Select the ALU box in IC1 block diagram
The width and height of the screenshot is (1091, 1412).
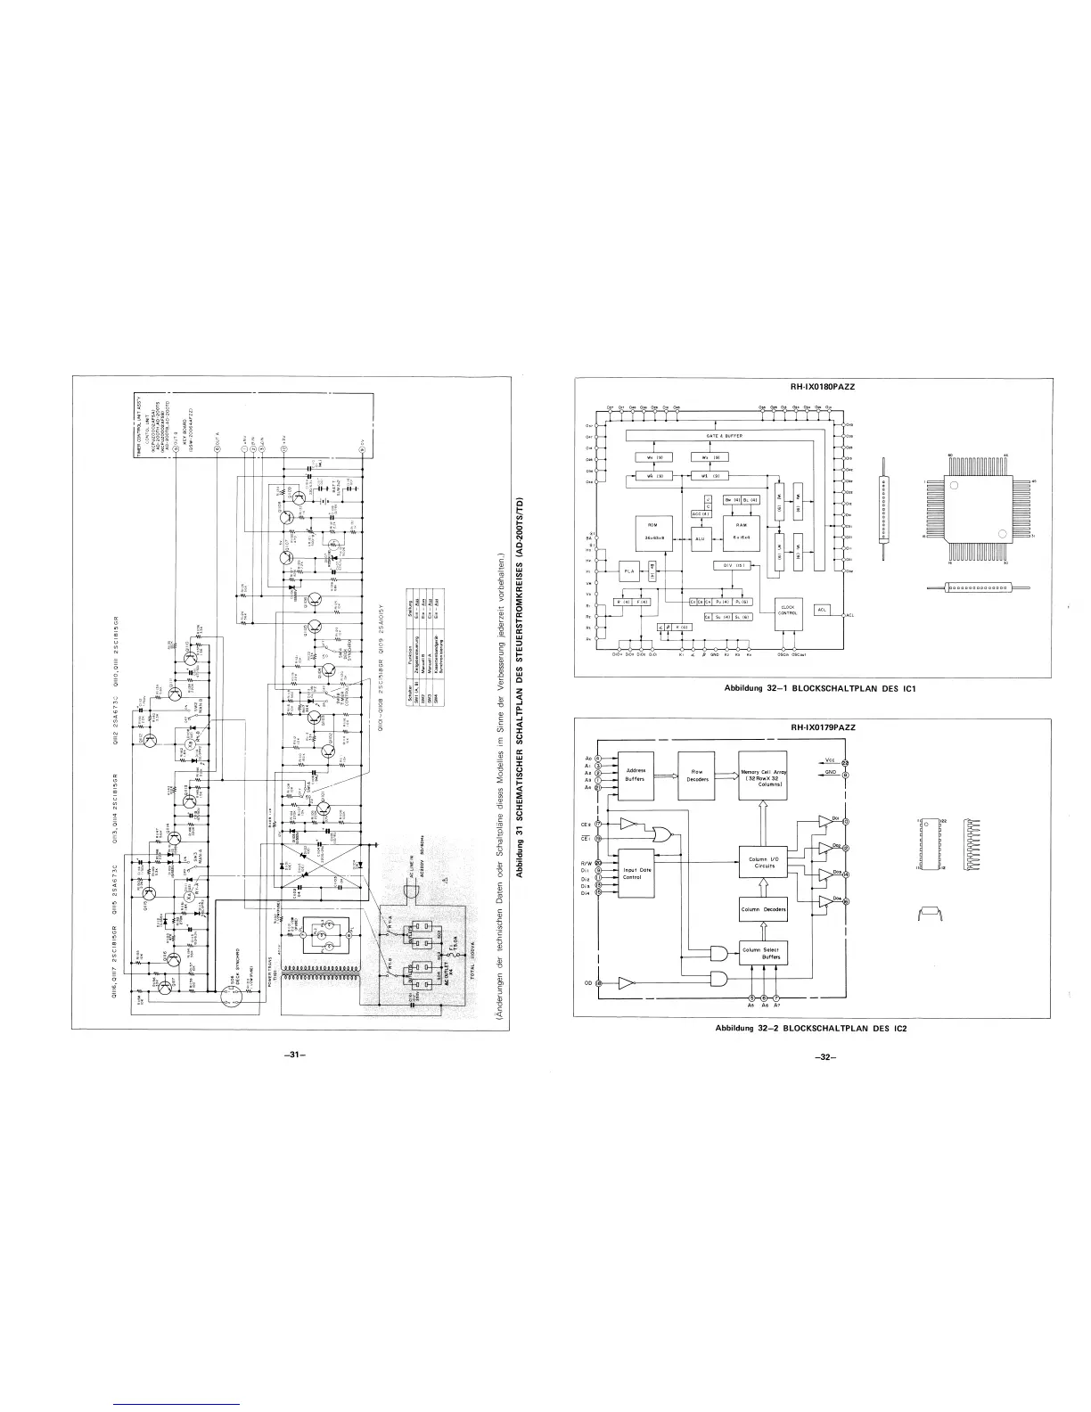tap(699, 538)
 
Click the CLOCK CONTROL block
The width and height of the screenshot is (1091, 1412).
tap(787, 611)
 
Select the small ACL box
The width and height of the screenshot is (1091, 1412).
tap(823, 610)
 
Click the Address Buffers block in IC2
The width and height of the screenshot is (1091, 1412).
tap(636, 775)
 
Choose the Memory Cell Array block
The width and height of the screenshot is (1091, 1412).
tap(764, 776)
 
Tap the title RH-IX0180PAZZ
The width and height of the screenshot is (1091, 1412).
tap(823, 388)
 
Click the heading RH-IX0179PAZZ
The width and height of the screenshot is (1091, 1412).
tap(823, 727)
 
